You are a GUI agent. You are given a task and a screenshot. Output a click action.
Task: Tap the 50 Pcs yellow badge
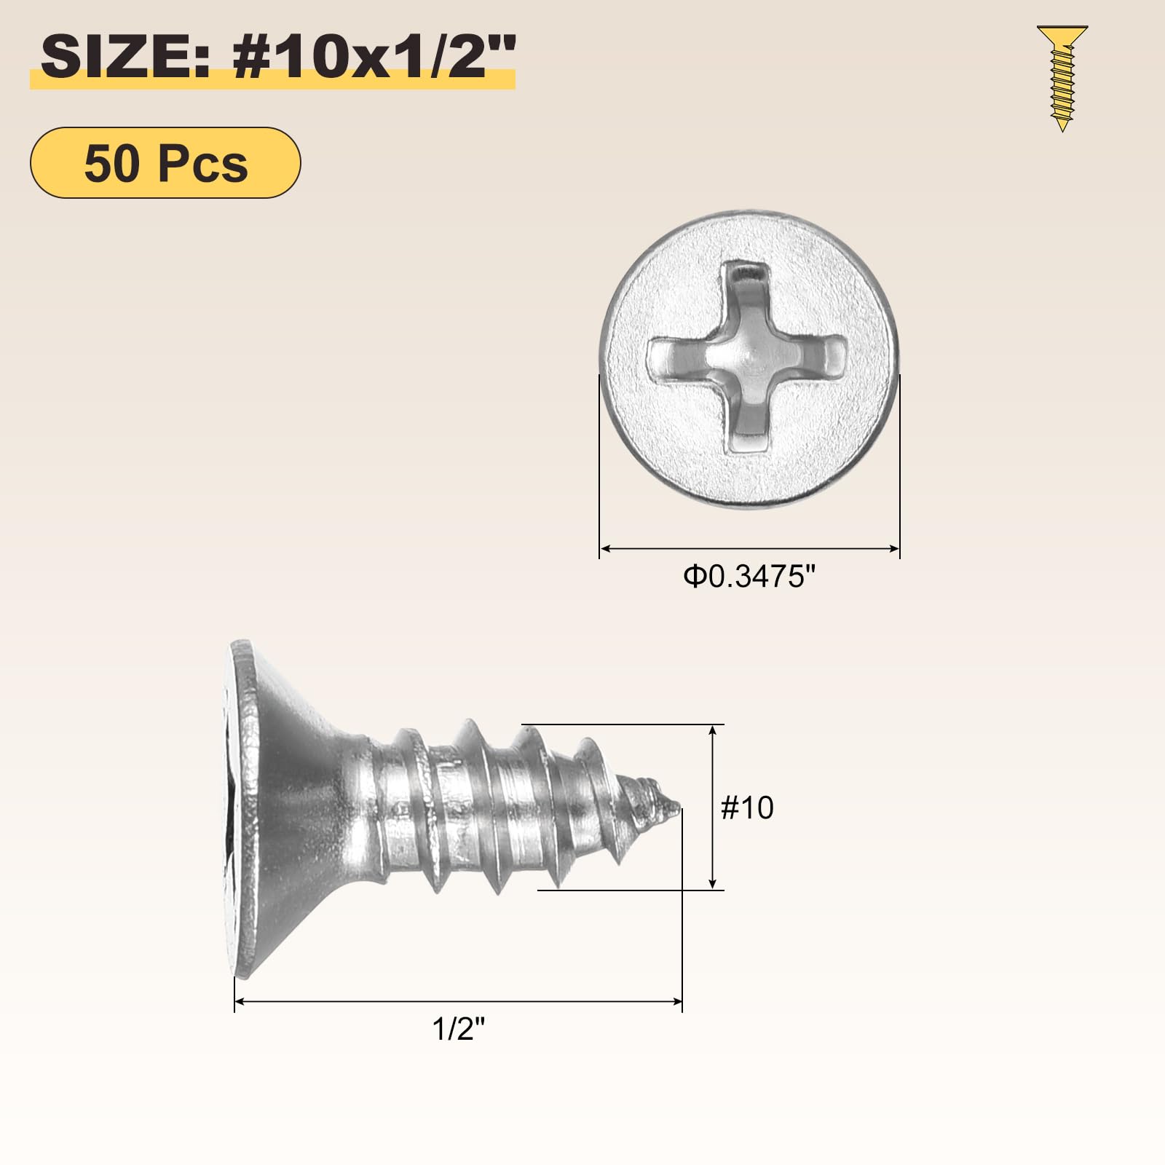tap(165, 162)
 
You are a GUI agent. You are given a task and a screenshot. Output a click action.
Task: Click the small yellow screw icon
tap(1062, 78)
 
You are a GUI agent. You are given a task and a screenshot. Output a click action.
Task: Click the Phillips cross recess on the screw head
tap(747, 357)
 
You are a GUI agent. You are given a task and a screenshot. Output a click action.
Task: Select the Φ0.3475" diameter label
tap(749, 577)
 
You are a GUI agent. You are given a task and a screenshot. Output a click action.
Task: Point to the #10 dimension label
tap(747, 807)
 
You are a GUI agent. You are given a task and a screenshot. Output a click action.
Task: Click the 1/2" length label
tap(459, 1029)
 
